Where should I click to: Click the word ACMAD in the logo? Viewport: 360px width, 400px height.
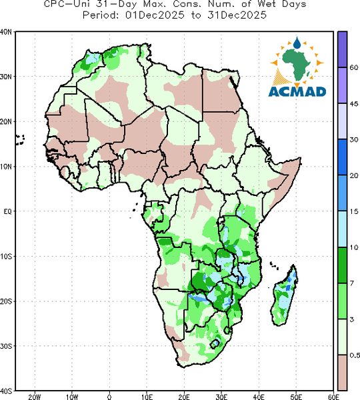pos(297,91)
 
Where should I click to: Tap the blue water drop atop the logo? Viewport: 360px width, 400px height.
pos(297,43)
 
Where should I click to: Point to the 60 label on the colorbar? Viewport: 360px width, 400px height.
pos(354,67)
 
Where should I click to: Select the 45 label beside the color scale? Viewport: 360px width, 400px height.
pos(354,103)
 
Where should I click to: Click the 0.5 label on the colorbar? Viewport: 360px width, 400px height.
pos(355,355)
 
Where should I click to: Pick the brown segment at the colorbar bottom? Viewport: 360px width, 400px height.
pos(343,372)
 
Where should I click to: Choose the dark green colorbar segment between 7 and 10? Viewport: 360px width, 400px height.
pos(343,265)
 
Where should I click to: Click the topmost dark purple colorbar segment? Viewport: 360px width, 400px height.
pos(343,49)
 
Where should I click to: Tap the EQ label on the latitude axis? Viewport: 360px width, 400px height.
pos(7,211)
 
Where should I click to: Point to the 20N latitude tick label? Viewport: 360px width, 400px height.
pos(6,122)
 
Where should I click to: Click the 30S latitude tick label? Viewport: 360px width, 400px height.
pos(6,346)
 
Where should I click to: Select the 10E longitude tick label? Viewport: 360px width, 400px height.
pos(147,397)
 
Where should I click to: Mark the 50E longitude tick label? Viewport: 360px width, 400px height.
pos(296,397)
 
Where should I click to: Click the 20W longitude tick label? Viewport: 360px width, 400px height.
pos(35,397)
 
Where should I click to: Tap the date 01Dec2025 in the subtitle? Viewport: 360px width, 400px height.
pos(155,15)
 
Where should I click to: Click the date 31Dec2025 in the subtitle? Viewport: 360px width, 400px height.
pos(237,15)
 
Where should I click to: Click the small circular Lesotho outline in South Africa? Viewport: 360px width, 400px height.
pos(215,343)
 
